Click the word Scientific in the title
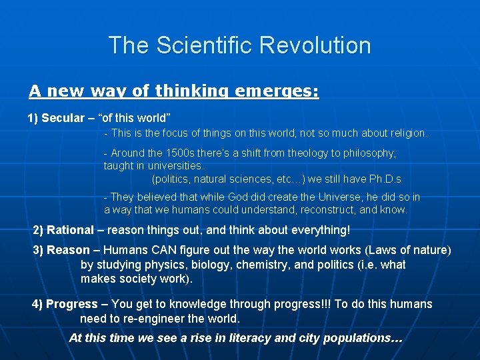204,45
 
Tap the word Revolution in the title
315,45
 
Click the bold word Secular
63,118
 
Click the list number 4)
37,304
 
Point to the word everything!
316,230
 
